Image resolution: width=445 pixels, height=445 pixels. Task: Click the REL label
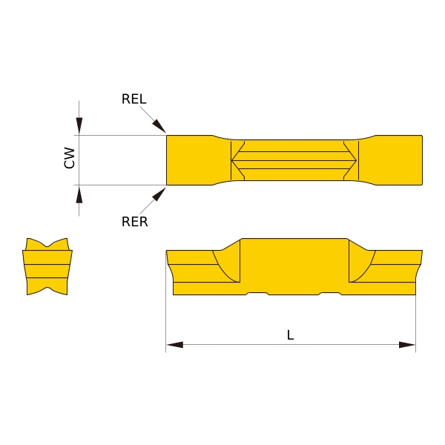pos(134,99)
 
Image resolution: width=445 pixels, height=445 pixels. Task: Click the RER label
pos(134,221)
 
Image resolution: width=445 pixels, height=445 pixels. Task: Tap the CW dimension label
pos(70,157)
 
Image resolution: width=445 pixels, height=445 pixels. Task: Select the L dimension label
pos(291,335)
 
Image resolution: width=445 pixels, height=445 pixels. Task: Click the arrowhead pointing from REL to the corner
pos(160,128)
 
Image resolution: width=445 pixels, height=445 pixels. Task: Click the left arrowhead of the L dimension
pos(175,345)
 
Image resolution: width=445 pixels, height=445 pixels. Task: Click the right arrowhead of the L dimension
pos(406,345)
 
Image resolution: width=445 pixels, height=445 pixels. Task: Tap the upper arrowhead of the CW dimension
pos(79,126)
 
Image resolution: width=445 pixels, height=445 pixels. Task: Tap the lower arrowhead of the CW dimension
pos(79,194)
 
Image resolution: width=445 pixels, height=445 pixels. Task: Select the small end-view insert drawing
pos(48,266)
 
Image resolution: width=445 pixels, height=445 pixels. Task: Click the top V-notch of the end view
pos(48,245)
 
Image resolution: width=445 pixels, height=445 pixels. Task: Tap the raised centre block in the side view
pos(294,263)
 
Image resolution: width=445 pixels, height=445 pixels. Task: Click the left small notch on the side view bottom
pos(257,294)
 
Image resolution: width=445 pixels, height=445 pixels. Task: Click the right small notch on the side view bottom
pos(329,294)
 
